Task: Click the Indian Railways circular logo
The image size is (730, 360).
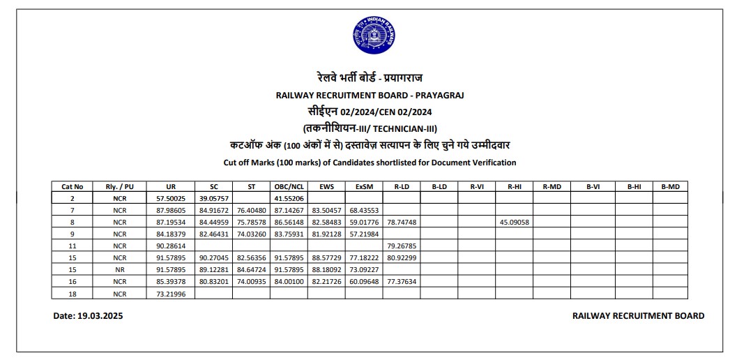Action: [x=374, y=37]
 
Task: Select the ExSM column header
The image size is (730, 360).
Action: [x=363, y=186]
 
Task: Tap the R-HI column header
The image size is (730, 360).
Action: [x=515, y=186]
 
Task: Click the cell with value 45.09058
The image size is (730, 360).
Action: [x=515, y=222]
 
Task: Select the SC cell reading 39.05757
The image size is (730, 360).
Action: [x=213, y=198]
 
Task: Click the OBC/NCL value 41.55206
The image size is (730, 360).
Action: [x=289, y=198]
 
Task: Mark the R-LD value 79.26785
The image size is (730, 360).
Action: [x=401, y=246]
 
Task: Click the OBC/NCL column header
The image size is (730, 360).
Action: [x=289, y=186]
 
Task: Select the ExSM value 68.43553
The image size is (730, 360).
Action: [x=363, y=210]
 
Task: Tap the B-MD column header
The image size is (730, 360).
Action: [x=674, y=186]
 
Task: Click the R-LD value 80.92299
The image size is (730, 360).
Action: [x=401, y=258]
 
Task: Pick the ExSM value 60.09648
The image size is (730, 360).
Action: [x=363, y=282]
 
